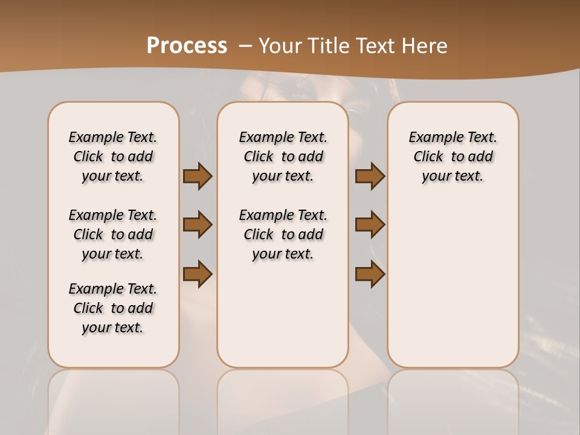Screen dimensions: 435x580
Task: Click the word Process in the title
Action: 187,45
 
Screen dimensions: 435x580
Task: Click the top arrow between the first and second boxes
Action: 198,176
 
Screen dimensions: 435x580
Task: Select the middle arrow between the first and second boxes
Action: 198,225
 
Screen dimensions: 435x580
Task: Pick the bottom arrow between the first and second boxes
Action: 198,274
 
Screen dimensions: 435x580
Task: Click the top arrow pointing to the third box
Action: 370,176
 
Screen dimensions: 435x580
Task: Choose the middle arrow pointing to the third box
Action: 370,225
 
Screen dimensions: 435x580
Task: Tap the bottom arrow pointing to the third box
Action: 370,274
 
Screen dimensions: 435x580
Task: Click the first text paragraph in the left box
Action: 113,156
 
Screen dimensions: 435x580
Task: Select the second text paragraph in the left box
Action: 113,234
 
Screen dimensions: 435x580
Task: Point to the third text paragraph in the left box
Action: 113,308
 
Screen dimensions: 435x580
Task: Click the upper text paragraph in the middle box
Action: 283,156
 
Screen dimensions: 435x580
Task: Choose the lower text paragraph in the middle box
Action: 283,234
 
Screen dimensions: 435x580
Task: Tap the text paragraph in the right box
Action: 453,156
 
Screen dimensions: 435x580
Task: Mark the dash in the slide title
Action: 245,45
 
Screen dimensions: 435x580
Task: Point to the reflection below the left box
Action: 114,399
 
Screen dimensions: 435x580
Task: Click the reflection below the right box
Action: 453,399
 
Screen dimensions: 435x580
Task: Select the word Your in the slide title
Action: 278,45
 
